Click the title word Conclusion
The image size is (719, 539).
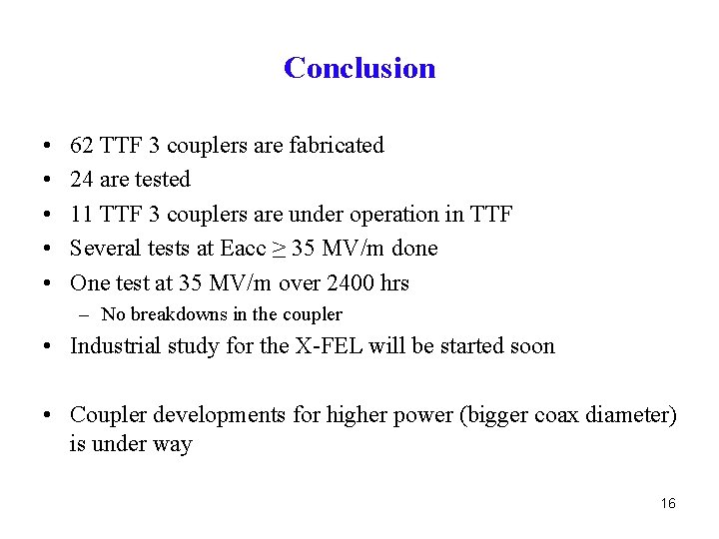[x=359, y=68]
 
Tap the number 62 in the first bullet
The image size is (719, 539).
[x=82, y=146]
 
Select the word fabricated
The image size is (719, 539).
[x=337, y=146]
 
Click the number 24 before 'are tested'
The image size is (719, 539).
[x=82, y=180]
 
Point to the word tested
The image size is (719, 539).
[x=160, y=180]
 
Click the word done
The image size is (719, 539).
[x=415, y=249]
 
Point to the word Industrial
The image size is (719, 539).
[x=116, y=347]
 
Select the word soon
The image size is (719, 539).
[x=531, y=347]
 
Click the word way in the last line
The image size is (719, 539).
[x=171, y=444]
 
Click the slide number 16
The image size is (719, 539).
[x=668, y=504]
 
